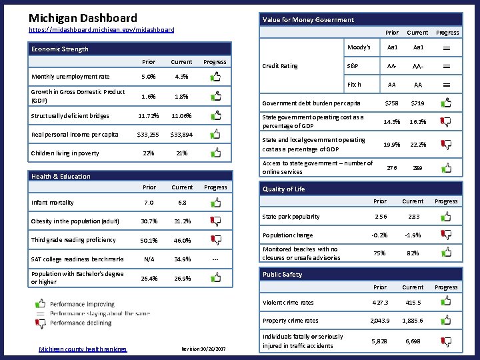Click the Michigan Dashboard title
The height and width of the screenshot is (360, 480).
[x=83, y=18]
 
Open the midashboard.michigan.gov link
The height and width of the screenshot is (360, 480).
[x=101, y=30]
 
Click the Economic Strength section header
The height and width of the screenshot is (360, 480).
[x=60, y=49]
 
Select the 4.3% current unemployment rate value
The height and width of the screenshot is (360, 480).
[x=181, y=77]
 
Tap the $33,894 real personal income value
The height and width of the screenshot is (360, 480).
[x=181, y=134]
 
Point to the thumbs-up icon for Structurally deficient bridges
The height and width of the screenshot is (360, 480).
[x=215, y=116]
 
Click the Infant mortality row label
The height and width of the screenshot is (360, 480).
[x=53, y=203]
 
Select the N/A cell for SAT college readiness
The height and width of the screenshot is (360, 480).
[x=149, y=259]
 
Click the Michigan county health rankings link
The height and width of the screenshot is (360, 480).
[x=83, y=349]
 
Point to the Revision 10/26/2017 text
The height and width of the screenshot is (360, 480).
[x=203, y=349]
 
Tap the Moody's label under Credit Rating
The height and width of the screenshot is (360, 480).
[x=359, y=47]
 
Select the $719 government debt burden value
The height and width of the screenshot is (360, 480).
[x=417, y=103]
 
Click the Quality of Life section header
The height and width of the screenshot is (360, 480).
[x=283, y=189]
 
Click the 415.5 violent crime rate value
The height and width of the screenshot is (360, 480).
[x=412, y=303]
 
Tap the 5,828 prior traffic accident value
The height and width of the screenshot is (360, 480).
[x=379, y=341]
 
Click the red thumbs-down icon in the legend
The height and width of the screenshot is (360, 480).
[x=41, y=323]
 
